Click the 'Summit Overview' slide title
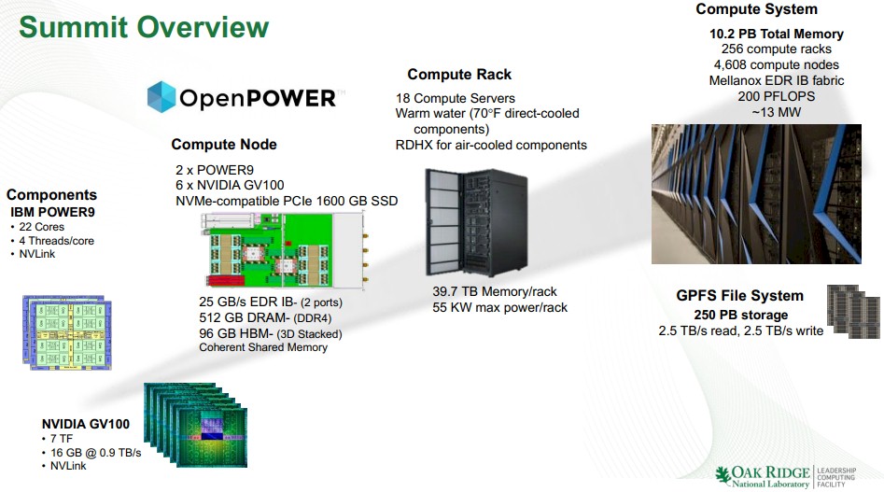click(x=144, y=28)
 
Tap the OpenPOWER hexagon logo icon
click(x=161, y=97)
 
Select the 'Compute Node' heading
click(x=224, y=145)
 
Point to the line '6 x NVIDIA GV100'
click(x=230, y=185)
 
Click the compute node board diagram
click(x=285, y=250)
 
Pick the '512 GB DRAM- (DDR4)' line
click(x=265, y=317)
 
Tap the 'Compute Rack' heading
click(x=459, y=75)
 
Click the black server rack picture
click(x=476, y=222)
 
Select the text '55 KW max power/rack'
click(x=499, y=307)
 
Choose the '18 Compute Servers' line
click(x=455, y=98)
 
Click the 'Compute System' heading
click(x=756, y=9)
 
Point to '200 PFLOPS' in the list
click(x=777, y=96)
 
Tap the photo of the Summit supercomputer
click(x=756, y=194)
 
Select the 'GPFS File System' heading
click(x=739, y=296)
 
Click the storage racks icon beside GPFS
click(x=853, y=312)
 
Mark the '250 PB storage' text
click(x=741, y=315)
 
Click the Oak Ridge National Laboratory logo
click(x=785, y=476)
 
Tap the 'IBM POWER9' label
click(x=52, y=213)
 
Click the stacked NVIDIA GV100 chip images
click(x=196, y=425)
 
